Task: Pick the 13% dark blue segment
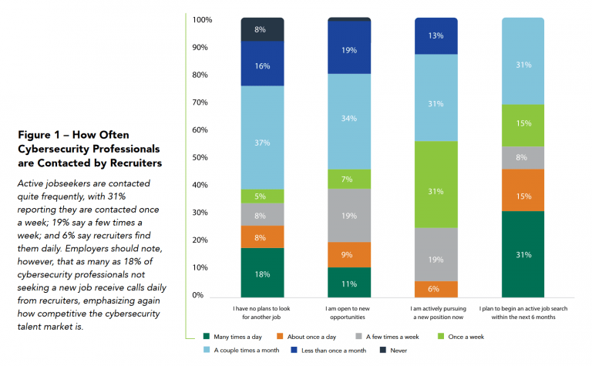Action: pos(436,35)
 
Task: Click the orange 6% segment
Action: pos(436,289)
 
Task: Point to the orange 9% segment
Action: pos(349,254)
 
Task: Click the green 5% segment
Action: pos(262,196)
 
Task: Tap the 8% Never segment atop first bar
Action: pos(262,29)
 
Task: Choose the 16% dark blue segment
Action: pos(262,67)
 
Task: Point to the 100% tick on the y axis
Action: pos(203,19)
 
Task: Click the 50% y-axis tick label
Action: pos(203,157)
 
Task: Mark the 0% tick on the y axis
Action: pos(203,295)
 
